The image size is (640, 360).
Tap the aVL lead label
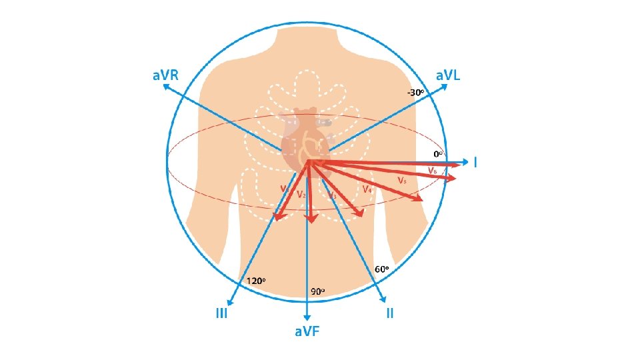click(x=448, y=75)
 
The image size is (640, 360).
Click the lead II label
click(x=390, y=313)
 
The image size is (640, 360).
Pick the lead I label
click(x=475, y=162)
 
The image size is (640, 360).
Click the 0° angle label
click(x=438, y=153)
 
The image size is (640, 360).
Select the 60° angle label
click(x=382, y=269)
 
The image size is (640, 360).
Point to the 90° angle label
click(x=318, y=291)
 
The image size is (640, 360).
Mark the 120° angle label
click(x=257, y=281)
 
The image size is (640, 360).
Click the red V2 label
click(x=301, y=195)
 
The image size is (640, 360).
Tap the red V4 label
click(x=367, y=189)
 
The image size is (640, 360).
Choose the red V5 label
click(x=402, y=180)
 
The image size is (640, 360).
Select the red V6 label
click(x=432, y=171)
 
